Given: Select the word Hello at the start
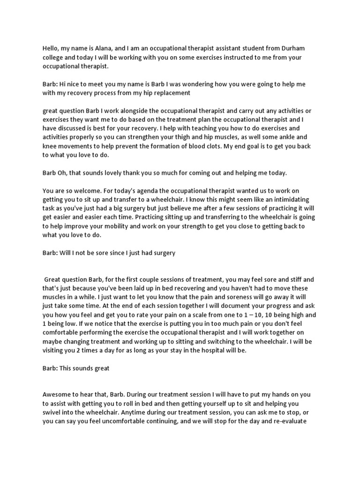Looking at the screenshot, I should pos(52,49).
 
